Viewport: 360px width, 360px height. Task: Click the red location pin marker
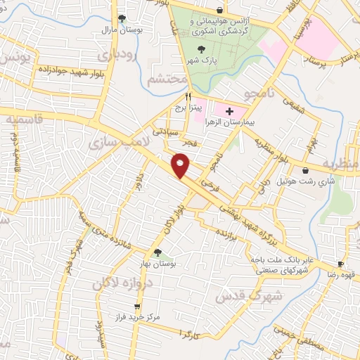[x=181, y=165]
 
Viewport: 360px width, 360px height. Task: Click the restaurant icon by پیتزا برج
[x=188, y=97]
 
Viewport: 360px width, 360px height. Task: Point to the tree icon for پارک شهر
[x=203, y=49]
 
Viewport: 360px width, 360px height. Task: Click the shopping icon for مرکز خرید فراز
[x=138, y=307]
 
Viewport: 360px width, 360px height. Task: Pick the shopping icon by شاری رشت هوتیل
[x=306, y=169]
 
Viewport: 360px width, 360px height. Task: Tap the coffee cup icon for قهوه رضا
[x=340, y=264]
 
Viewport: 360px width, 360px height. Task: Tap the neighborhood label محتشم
[x=167, y=79]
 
